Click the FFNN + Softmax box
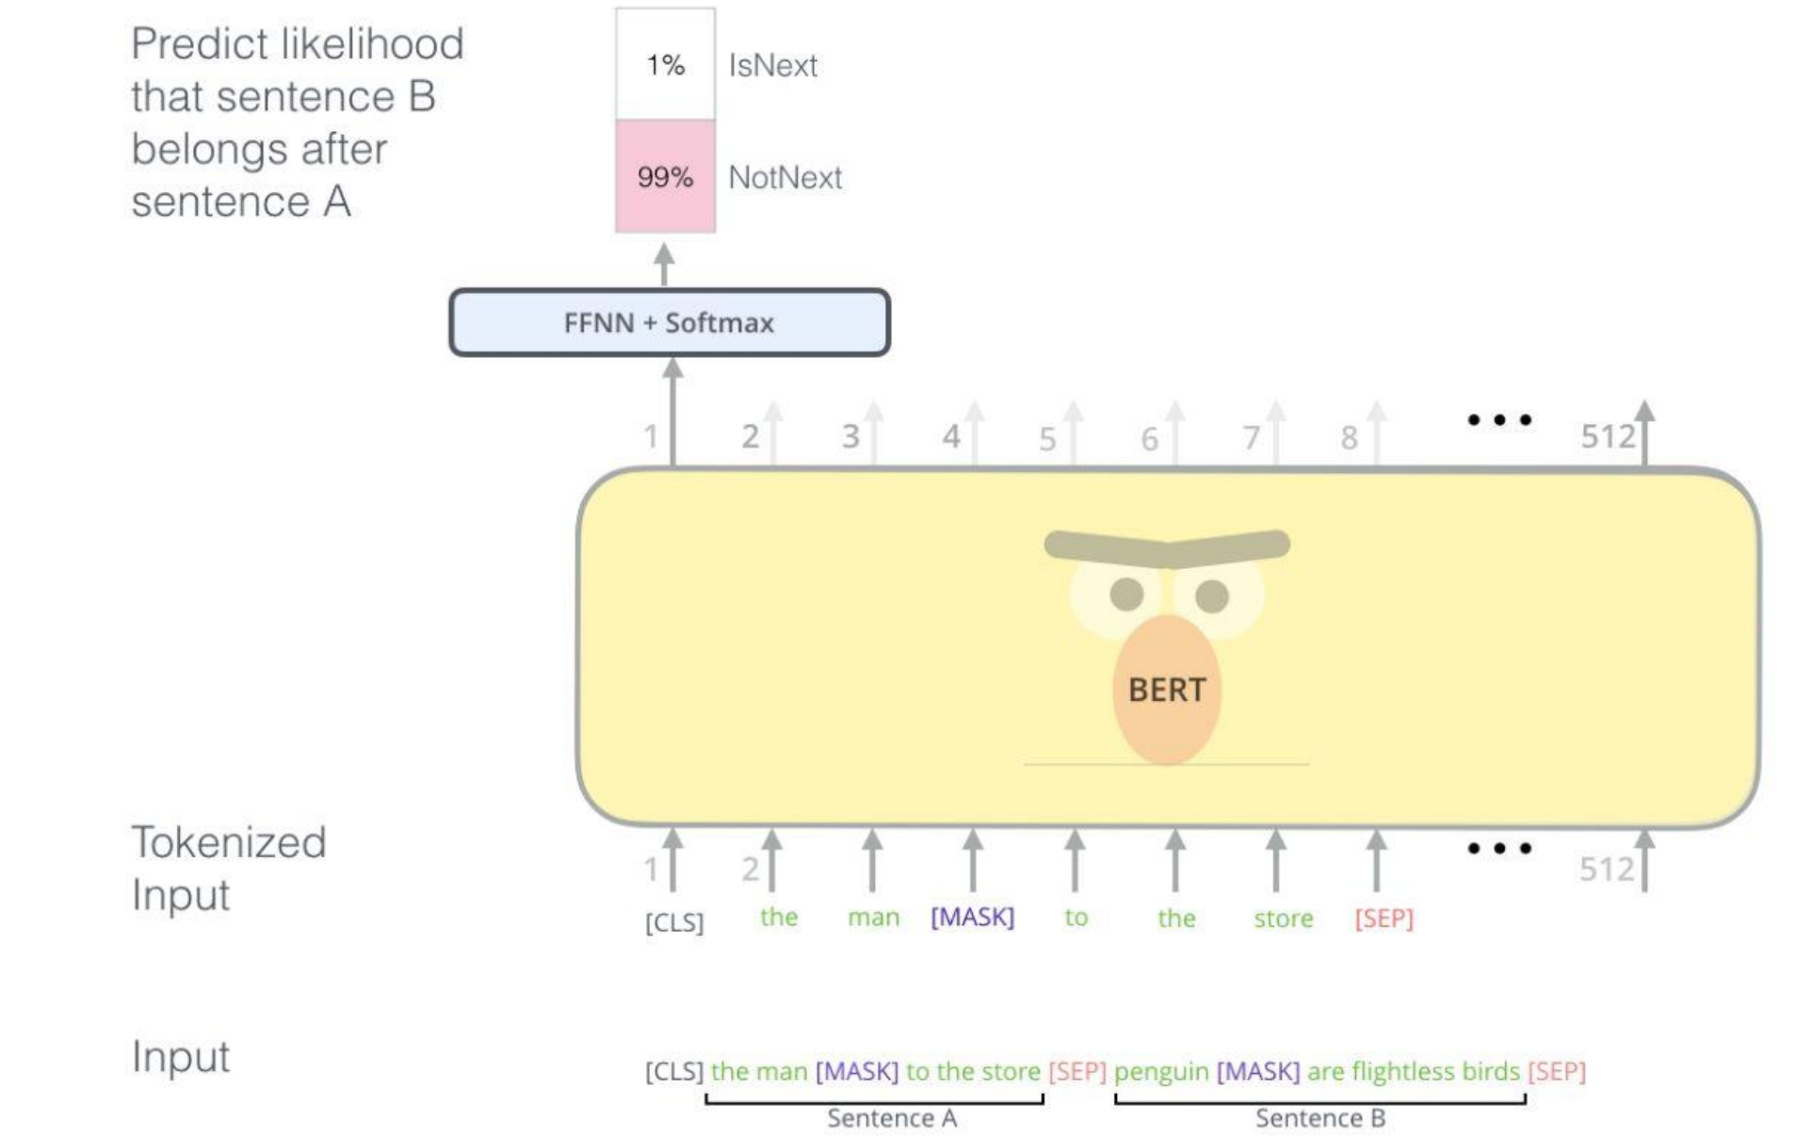coord(669,322)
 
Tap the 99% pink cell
coord(665,176)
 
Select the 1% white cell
coord(665,64)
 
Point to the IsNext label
coord(772,66)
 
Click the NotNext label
coord(785,177)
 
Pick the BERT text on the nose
coord(1166,690)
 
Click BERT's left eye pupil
coord(1126,593)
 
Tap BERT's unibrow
coord(1166,546)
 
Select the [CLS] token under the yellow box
coord(674,921)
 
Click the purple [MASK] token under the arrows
coord(972,917)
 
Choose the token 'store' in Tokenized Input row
coord(1283,918)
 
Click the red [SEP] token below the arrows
coord(1383,918)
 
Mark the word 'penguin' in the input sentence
coord(1160,1071)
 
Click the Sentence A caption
coord(891,1118)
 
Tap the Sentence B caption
coord(1319,1118)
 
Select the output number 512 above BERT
coord(1608,436)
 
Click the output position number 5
coord(1047,439)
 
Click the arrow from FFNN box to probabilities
coord(664,264)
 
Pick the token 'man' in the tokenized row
coord(873,917)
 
